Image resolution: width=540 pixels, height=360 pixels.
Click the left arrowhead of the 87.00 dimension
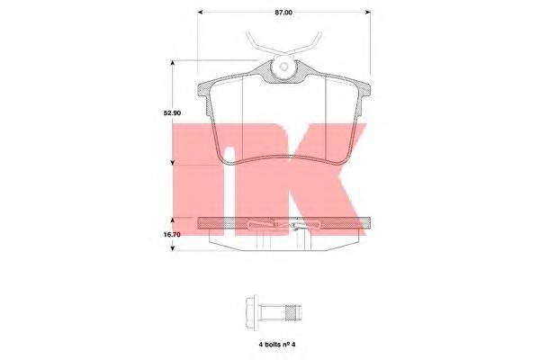point(201,12)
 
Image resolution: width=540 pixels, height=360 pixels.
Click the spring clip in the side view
point(283,224)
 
